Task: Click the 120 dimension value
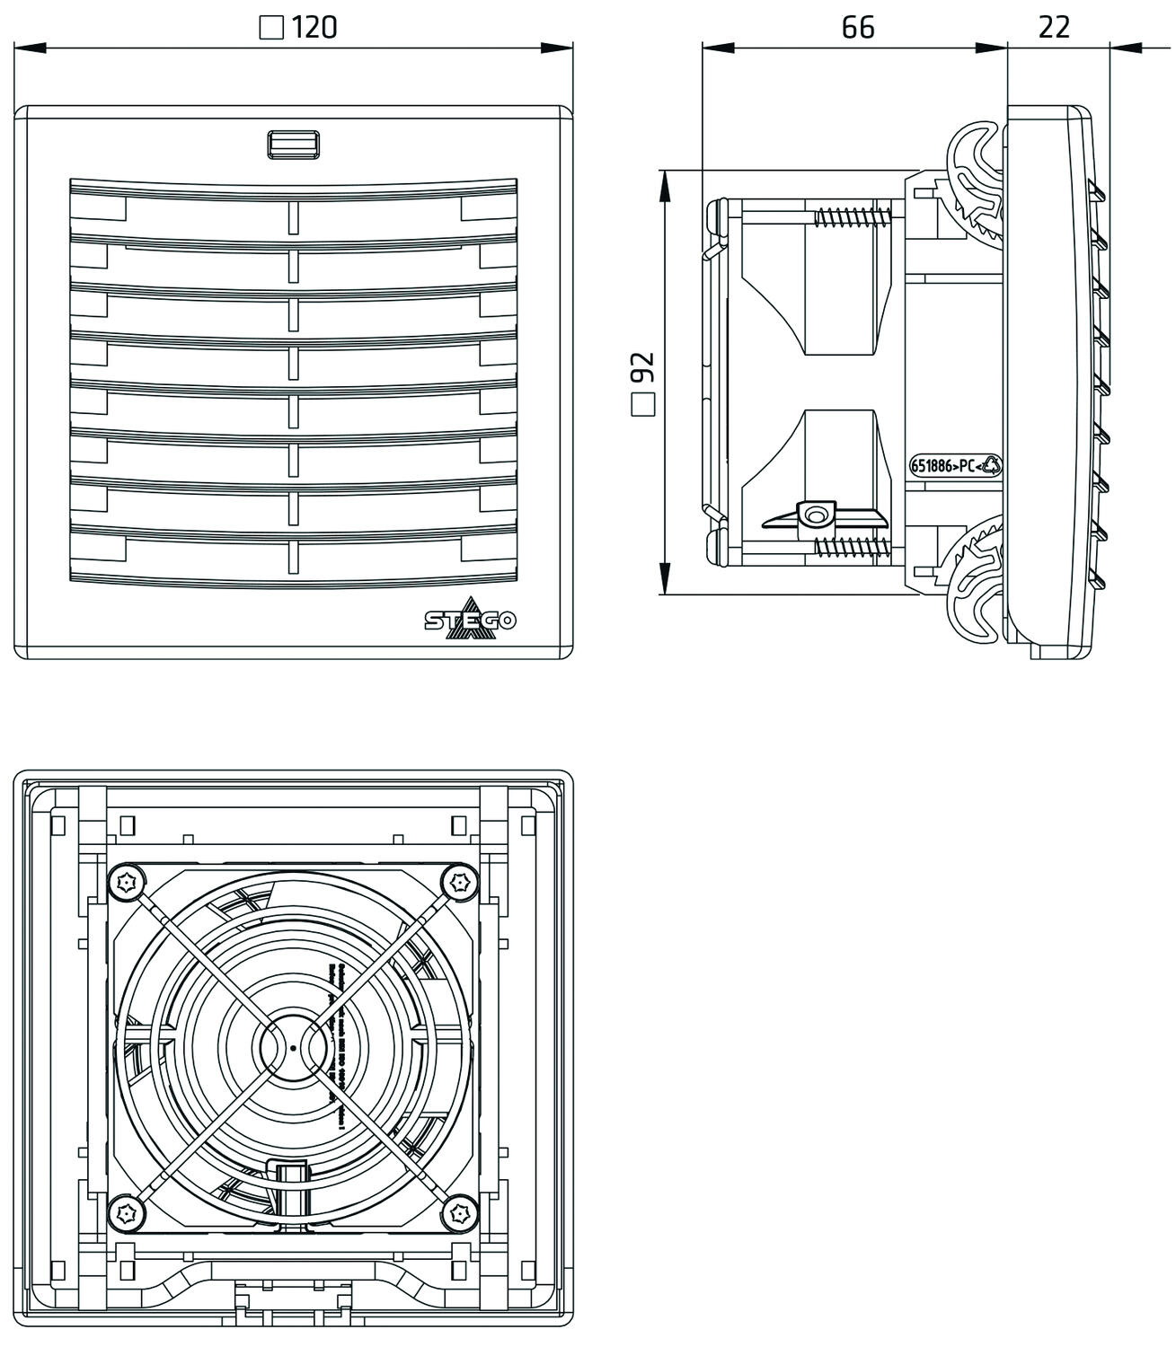click(x=314, y=28)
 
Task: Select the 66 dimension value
click(x=857, y=28)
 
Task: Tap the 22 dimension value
click(x=1054, y=28)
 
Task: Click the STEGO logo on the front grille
click(x=470, y=621)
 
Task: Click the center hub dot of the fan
click(x=293, y=1048)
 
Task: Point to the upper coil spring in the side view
click(x=853, y=216)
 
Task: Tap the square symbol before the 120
click(x=271, y=29)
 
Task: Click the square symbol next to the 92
click(x=643, y=405)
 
